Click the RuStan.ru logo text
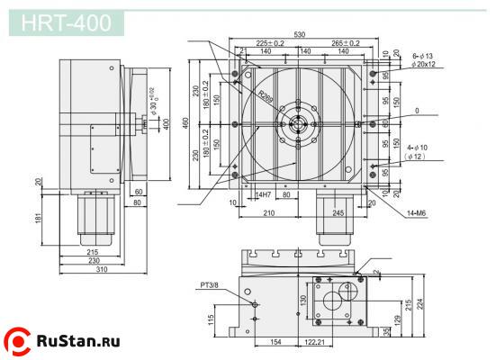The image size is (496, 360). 78,340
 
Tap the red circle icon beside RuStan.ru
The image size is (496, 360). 17,340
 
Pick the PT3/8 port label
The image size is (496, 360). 211,287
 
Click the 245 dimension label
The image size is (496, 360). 338,213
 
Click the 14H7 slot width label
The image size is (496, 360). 263,194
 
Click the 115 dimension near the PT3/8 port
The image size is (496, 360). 212,319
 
